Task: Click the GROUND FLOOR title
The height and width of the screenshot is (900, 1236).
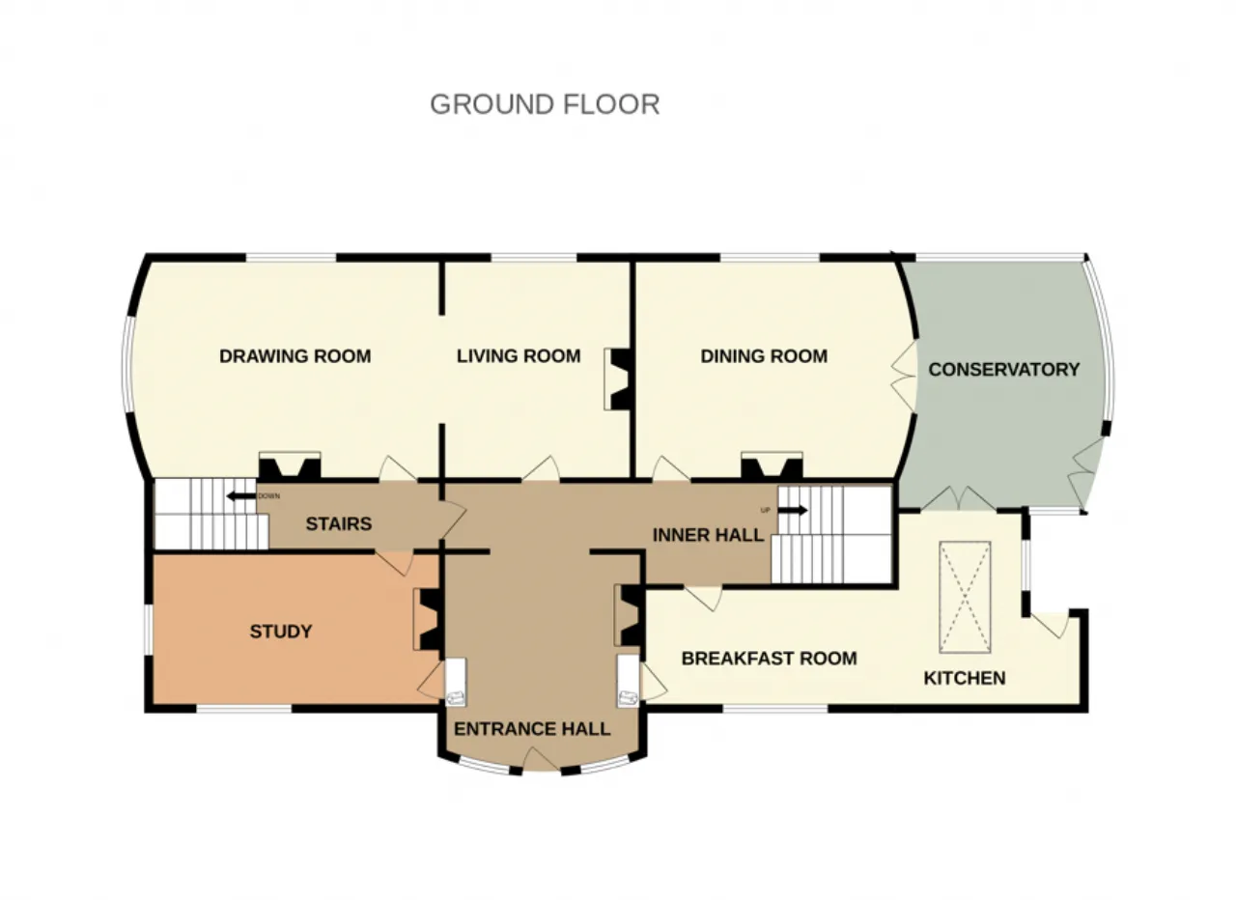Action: point(545,104)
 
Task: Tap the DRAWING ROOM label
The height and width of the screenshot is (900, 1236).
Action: point(295,356)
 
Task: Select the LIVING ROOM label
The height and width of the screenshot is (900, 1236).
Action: point(519,356)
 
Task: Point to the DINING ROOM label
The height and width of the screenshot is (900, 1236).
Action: point(764,356)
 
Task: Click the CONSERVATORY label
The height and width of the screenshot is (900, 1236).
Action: point(1004,370)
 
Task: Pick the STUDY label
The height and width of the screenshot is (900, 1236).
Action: point(281,632)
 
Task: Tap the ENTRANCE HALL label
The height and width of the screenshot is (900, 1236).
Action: point(532,729)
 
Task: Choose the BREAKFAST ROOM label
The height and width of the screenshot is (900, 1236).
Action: point(770,659)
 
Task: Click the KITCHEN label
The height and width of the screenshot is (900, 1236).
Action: point(965,678)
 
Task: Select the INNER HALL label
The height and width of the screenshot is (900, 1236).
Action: point(708,535)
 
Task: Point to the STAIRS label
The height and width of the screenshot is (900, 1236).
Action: point(339,523)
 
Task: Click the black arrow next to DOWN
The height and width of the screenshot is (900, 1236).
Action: point(241,496)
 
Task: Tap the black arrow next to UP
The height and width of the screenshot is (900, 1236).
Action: point(793,511)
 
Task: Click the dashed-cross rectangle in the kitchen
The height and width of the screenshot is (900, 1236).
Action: point(965,598)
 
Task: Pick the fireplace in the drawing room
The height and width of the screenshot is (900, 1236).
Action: point(290,465)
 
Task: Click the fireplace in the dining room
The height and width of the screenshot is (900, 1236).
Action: point(772,465)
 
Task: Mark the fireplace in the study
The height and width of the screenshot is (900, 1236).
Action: point(428,619)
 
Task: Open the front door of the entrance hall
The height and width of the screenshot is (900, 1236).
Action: point(541,759)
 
